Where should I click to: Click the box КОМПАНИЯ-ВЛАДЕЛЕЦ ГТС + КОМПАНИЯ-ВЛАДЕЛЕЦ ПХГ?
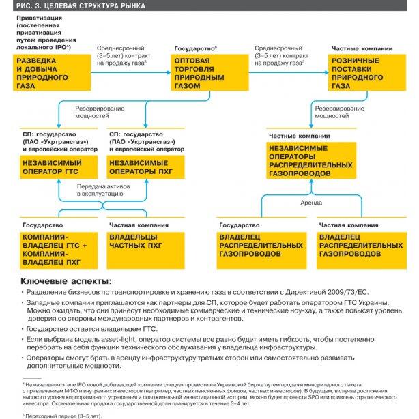(53, 248)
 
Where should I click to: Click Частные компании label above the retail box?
(362, 50)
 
